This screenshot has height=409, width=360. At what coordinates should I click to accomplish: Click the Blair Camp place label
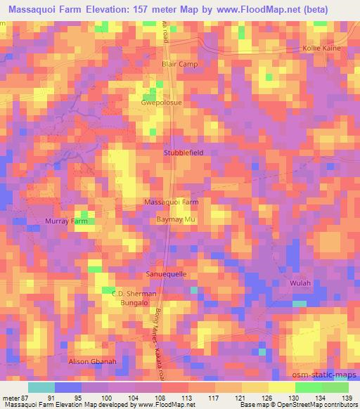pos(180,64)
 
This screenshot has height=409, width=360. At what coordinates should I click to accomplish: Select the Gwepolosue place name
pos(162,102)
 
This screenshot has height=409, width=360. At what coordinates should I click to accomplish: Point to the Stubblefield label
pos(184,152)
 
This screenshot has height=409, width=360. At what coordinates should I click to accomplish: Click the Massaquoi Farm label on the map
pos(172,202)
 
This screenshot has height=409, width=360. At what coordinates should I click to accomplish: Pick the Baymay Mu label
pos(176,220)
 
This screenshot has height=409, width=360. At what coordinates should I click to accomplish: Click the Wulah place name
pos(300,283)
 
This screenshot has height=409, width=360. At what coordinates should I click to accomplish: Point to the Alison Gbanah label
pos(90,361)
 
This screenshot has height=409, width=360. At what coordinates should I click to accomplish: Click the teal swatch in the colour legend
pos(41,387)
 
